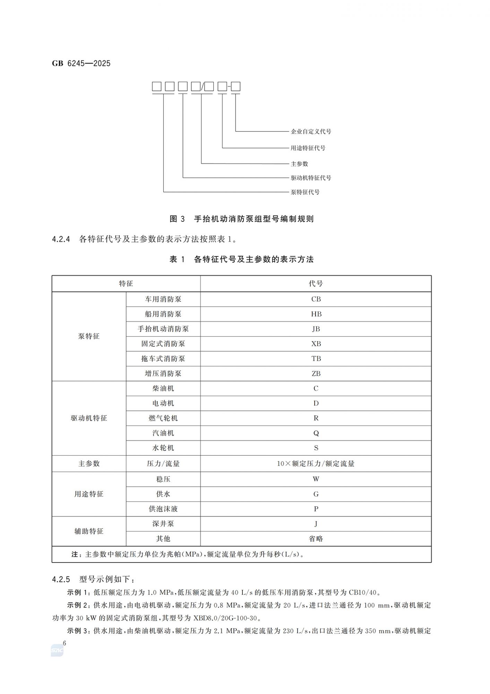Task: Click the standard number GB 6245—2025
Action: [x=81, y=63]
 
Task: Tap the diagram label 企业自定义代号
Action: [x=311, y=132]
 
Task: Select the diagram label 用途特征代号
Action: [x=308, y=148]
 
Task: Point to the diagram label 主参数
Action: [x=299, y=164]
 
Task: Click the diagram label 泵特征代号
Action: [x=305, y=192]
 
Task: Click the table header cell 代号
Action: [x=316, y=283]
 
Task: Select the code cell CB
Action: [x=316, y=299]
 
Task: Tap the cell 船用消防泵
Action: [x=163, y=314]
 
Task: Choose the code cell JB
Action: [x=316, y=329]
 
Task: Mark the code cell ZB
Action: [x=316, y=374]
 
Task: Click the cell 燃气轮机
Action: [x=163, y=418]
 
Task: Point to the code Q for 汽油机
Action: [x=316, y=433]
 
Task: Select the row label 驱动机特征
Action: [x=89, y=418]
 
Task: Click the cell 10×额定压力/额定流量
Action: [x=316, y=464]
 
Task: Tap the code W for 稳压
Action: [x=316, y=479]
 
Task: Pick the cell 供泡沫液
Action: [x=163, y=509]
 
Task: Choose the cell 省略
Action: [x=316, y=539]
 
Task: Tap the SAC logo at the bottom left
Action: [x=57, y=651]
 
